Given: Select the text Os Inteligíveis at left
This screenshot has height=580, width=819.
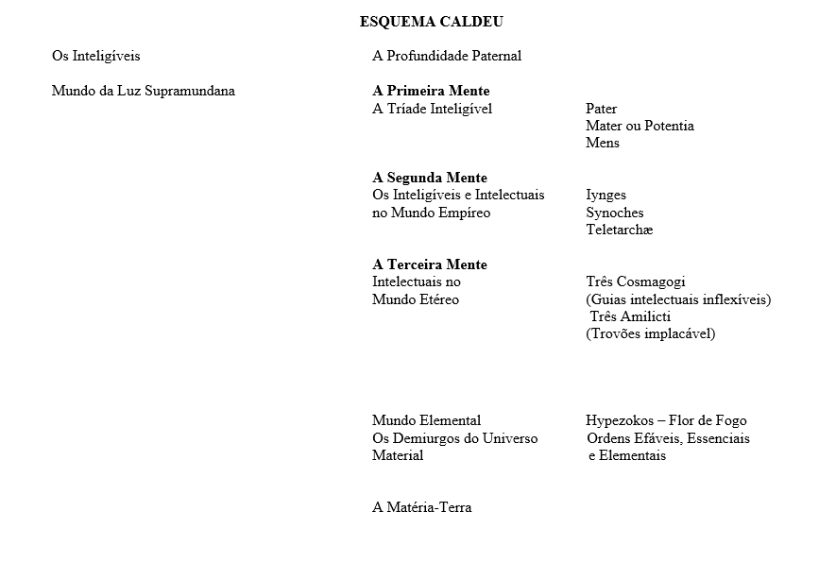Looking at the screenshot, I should point(95,56).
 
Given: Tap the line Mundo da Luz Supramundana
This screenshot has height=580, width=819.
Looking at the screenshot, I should point(143,92).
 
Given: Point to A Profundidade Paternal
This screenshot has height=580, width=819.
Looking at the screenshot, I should point(447,56).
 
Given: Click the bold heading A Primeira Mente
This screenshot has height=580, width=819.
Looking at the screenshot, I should point(431,92).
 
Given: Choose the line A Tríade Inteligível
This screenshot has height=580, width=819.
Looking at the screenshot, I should point(432,109).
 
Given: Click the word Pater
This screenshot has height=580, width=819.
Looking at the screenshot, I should point(601,109).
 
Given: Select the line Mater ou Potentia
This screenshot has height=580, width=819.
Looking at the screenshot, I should point(640,126).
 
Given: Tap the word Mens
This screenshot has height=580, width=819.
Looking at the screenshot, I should point(603,143).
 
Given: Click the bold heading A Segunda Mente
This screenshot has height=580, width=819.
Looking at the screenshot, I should point(430,178).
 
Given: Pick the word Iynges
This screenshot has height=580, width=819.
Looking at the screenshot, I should point(606,195).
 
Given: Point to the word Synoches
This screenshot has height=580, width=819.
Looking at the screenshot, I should point(614,213).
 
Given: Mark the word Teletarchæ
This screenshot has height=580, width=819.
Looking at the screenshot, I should point(619,230).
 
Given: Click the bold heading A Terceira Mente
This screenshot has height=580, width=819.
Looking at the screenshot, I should point(430,264).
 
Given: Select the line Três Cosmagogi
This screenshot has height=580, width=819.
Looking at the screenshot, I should point(636,281).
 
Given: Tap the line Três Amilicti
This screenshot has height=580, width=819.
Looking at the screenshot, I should point(631,316).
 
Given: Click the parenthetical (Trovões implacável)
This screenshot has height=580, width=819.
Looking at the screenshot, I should point(650,333).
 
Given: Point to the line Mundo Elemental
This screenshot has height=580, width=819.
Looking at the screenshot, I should point(426,420).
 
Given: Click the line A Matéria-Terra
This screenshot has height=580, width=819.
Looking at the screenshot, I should point(421,507).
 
